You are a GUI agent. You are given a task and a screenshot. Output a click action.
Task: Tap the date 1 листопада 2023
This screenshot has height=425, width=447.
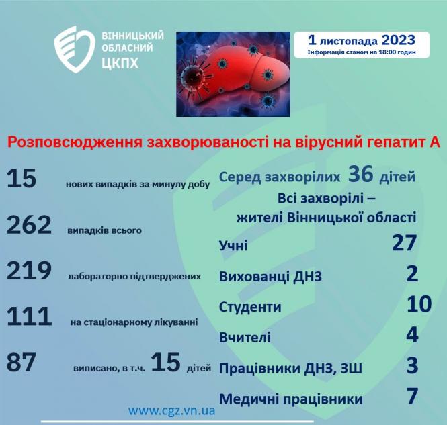click(361, 40)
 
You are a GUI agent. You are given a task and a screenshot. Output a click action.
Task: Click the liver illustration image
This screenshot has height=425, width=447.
click(233, 73)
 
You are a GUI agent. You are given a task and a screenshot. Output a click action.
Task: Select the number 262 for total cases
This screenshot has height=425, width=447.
click(29, 226)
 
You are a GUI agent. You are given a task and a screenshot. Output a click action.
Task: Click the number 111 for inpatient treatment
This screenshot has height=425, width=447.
click(29, 316)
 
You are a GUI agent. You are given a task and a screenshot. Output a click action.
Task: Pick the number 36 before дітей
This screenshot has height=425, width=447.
click(360, 175)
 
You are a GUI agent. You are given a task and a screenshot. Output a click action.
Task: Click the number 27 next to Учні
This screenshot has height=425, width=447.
click(405, 243)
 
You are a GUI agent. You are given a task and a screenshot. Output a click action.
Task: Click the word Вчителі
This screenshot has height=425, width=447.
click(245, 337)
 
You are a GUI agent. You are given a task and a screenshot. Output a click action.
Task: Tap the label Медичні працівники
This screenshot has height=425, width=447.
click(291, 399)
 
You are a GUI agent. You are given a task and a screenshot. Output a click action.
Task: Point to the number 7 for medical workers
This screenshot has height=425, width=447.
click(412, 396)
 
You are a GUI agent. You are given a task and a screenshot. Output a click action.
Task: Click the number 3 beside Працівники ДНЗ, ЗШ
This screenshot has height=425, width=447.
click(412, 365)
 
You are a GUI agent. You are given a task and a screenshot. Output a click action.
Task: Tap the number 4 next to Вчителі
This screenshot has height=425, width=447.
click(412, 334)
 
